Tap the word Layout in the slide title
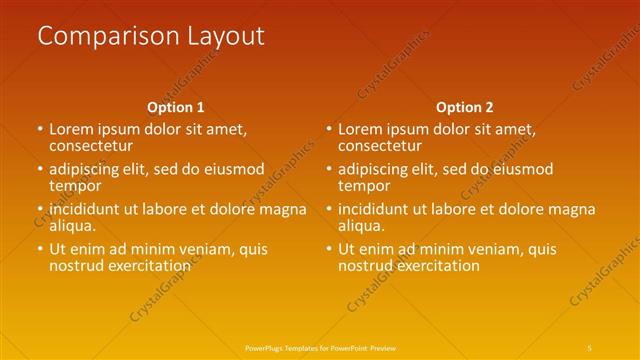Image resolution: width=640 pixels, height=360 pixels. point(226,37)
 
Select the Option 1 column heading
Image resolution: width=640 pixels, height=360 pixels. point(175,107)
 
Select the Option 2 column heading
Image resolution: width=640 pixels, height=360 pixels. point(465,107)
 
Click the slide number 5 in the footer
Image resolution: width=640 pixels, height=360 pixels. point(590,346)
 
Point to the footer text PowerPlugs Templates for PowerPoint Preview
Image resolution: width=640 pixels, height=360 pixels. point(319,346)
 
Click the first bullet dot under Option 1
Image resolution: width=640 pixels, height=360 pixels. point(40,130)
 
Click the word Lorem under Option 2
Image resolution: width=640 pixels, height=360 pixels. point(361,129)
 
